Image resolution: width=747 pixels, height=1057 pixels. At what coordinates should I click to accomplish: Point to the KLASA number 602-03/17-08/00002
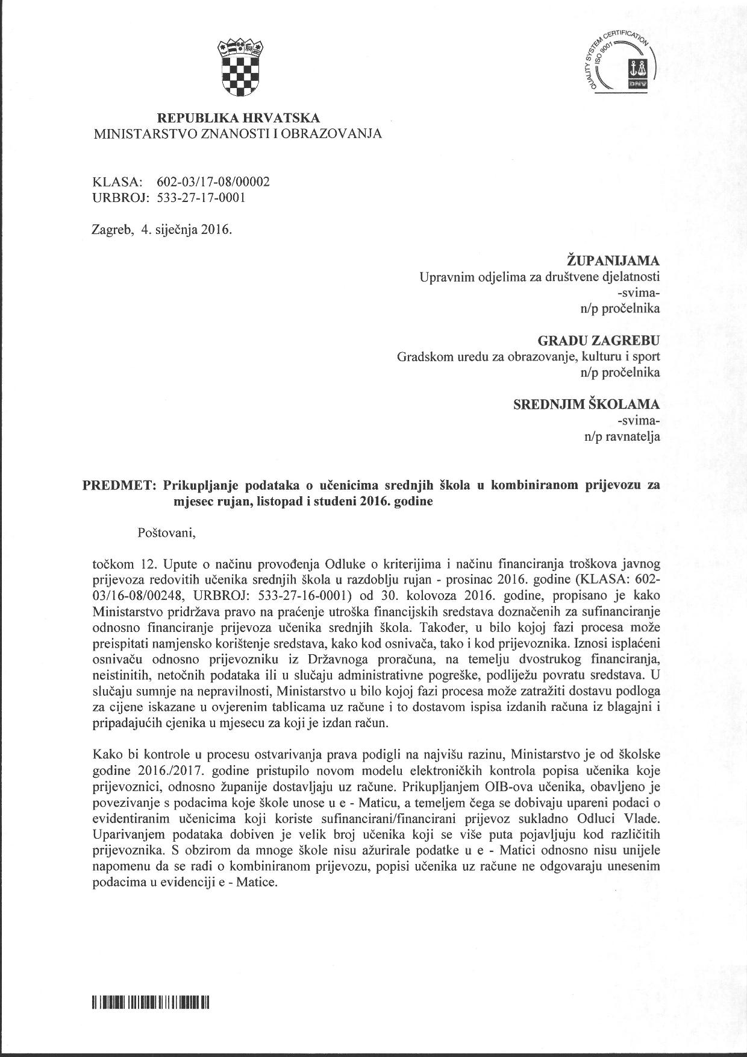pos(213,181)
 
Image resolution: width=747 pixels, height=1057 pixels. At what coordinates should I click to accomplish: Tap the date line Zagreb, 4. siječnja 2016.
pos(161,230)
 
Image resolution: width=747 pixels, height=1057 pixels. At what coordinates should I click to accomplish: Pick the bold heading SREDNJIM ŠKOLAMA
pos(586,404)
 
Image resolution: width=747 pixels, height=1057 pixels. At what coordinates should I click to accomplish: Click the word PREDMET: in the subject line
pos(119,485)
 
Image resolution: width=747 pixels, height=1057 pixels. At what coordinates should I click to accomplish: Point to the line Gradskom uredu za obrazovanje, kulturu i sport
pos(528,356)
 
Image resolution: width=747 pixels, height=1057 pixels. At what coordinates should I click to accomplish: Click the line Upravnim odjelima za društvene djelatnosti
pos(539,277)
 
